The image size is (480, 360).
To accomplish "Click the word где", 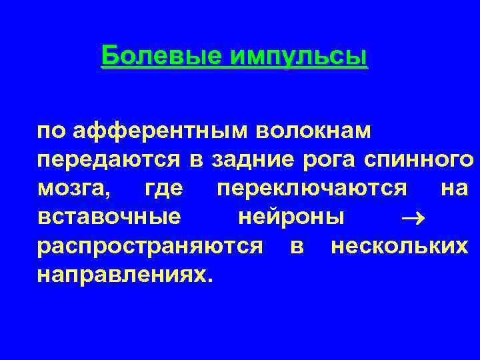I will click(163, 189).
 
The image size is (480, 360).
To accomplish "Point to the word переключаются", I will click(312, 189).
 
